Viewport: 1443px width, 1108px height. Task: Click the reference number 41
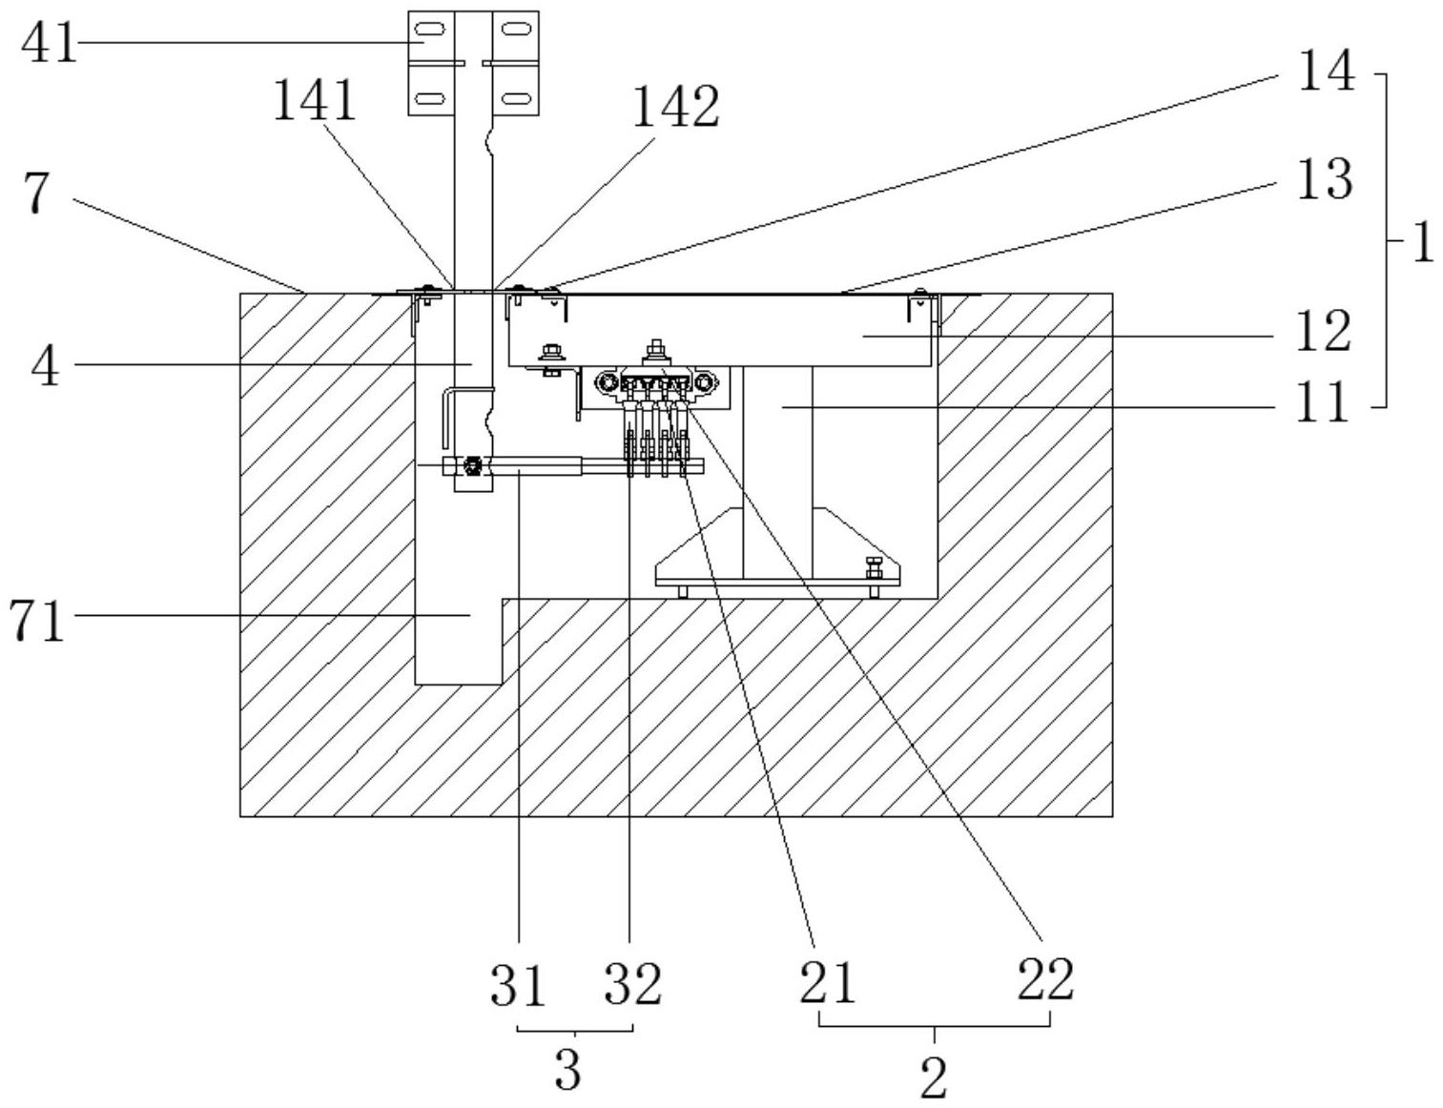pyautogui.click(x=49, y=43)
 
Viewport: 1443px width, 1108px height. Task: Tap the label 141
pyautogui.click(x=315, y=99)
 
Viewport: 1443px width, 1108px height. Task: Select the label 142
pyautogui.click(x=675, y=107)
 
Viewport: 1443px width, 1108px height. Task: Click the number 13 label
pyautogui.click(x=1324, y=180)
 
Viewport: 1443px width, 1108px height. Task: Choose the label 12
pyautogui.click(x=1323, y=333)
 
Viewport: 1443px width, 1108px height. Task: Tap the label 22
pyautogui.click(x=1045, y=979)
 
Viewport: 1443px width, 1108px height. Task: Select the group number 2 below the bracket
pyautogui.click(x=934, y=1078)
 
